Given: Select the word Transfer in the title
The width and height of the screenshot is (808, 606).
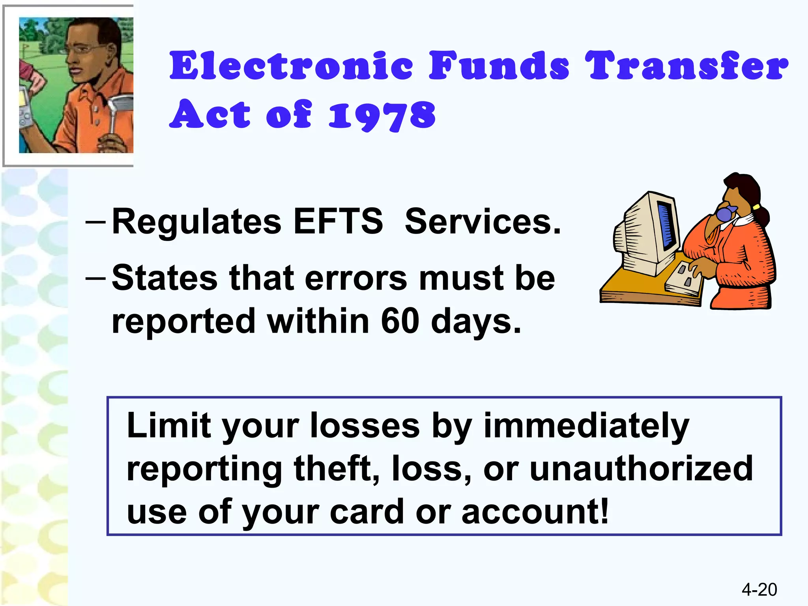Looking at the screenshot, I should point(686,65).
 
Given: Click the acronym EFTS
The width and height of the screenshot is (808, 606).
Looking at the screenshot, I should point(338,221).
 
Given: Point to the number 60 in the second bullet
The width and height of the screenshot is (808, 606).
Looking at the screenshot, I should point(400,321).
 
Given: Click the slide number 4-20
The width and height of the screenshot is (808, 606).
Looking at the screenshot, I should point(759,589).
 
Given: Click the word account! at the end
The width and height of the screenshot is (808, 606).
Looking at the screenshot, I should point(535,511).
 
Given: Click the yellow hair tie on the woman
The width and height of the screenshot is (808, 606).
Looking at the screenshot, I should point(756,207).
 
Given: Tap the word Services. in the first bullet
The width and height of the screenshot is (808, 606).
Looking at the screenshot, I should point(483,221).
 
